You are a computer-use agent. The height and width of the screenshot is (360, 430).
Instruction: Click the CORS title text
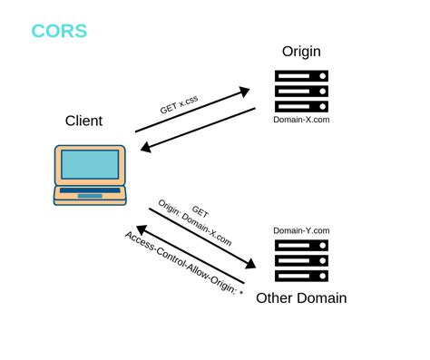click(x=59, y=31)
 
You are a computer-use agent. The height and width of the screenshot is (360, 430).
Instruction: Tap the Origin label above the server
click(x=301, y=52)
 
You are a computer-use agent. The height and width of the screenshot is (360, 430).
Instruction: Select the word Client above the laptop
click(x=83, y=121)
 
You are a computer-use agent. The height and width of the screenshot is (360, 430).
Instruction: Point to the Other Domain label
click(x=301, y=298)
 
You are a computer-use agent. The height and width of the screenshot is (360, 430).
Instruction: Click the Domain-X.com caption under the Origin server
click(x=300, y=119)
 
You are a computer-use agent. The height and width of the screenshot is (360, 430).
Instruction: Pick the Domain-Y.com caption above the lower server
click(x=301, y=230)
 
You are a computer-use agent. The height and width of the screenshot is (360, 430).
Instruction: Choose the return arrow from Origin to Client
click(x=195, y=131)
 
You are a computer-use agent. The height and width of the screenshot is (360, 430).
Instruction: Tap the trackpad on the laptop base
click(x=90, y=195)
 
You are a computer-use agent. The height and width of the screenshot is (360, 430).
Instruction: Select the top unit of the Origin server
click(x=301, y=77)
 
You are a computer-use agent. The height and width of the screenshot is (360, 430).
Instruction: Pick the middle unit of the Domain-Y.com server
click(x=301, y=259)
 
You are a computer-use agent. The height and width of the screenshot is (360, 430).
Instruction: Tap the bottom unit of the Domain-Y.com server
click(x=301, y=275)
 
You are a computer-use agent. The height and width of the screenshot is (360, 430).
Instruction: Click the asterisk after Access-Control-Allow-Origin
click(x=240, y=294)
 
